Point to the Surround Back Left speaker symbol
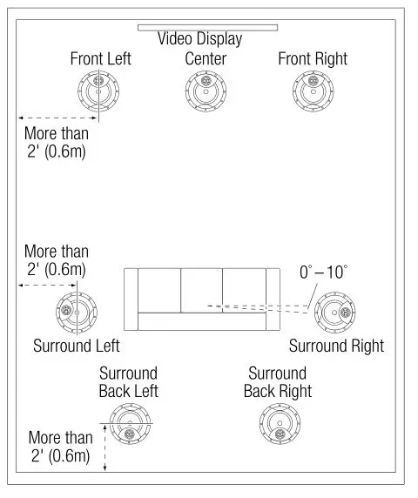point(129,427)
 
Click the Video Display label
point(199,39)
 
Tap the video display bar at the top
point(206,27)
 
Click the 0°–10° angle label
point(323,273)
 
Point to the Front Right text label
point(313,59)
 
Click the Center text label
point(206,59)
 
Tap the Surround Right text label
point(336,346)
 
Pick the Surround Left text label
point(76,346)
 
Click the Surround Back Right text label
point(278,382)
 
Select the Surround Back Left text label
point(128,382)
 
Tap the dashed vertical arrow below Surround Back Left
point(104,449)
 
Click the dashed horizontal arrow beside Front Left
point(51,118)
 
